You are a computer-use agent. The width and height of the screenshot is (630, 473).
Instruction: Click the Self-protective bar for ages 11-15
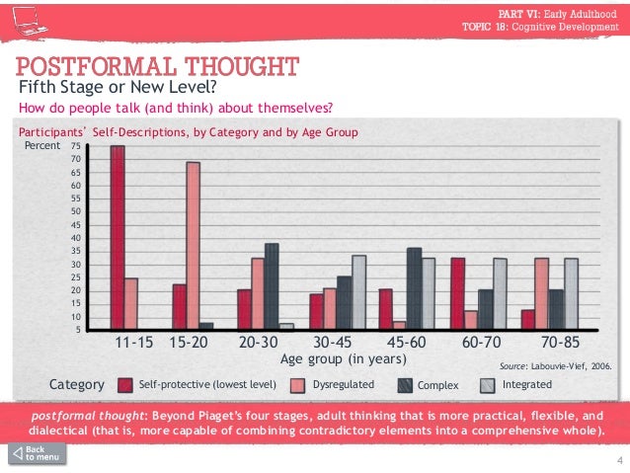[x=118, y=237]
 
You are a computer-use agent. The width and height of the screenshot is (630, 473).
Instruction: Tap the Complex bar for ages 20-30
[x=272, y=285]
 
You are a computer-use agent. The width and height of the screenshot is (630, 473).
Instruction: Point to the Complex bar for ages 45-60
[x=415, y=288]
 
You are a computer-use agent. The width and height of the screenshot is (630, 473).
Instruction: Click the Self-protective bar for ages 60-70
[x=457, y=292]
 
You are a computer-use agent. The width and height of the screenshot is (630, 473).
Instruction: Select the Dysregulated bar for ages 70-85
[x=541, y=292]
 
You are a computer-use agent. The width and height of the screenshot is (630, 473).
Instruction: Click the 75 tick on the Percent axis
[x=76, y=146]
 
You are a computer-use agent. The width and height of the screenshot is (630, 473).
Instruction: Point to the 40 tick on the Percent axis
[x=76, y=238]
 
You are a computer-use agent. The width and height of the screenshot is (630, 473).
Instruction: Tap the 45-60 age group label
[x=400, y=344]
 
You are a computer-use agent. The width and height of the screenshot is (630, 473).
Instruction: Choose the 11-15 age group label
[x=132, y=344]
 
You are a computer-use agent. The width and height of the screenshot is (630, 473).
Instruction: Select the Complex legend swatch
[x=405, y=384]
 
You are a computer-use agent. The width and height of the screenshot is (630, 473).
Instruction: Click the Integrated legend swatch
[x=491, y=384]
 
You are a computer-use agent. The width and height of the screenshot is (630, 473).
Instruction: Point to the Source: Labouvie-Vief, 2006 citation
[x=555, y=364]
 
